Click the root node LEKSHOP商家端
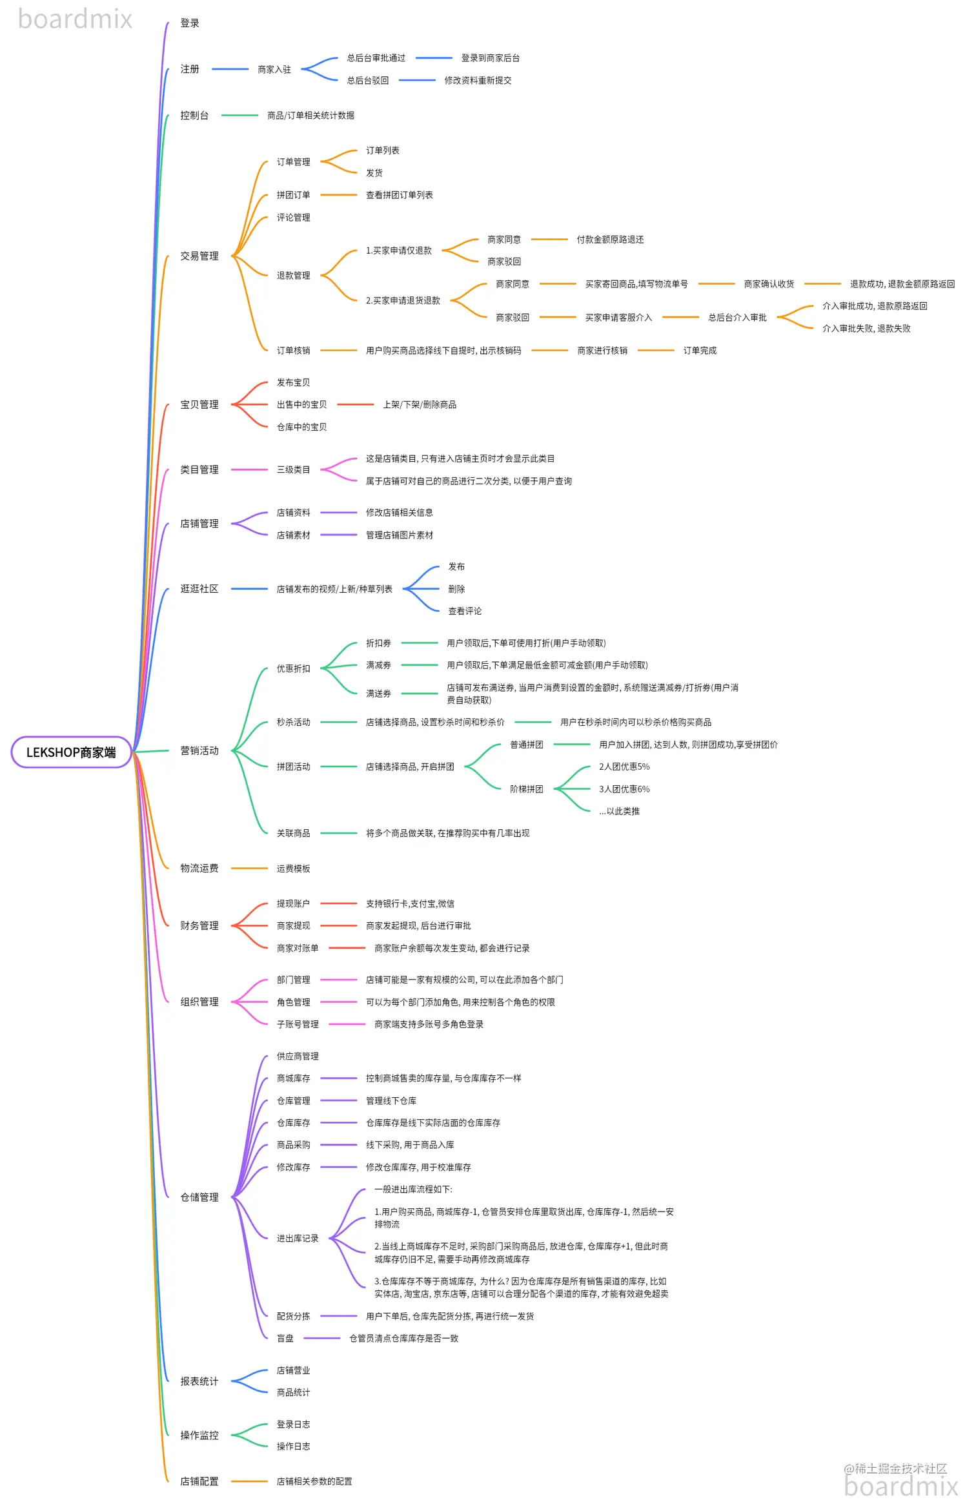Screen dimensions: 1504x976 (71, 752)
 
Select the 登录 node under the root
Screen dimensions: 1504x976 (190, 23)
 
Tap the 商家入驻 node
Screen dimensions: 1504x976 (274, 69)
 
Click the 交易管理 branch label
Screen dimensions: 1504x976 (199, 256)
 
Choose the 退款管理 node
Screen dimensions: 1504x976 (294, 276)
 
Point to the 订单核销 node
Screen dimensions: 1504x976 (294, 351)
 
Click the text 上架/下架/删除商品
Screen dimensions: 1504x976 (420, 405)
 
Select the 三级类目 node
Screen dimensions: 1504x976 (294, 470)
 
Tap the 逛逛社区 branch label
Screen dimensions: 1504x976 (199, 589)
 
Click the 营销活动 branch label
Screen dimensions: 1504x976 (199, 751)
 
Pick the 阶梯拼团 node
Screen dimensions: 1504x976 (527, 789)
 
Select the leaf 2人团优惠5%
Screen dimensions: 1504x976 (624, 767)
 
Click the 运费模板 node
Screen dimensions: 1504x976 (294, 869)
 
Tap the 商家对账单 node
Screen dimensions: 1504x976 (298, 949)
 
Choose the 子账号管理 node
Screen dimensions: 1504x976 (298, 1024)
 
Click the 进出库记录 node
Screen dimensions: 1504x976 (298, 1239)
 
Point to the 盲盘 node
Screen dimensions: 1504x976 (285, 1339)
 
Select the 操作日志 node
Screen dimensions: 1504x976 (294, 1447)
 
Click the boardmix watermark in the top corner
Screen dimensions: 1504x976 (75, 19)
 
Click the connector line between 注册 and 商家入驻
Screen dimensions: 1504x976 (230, 69)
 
